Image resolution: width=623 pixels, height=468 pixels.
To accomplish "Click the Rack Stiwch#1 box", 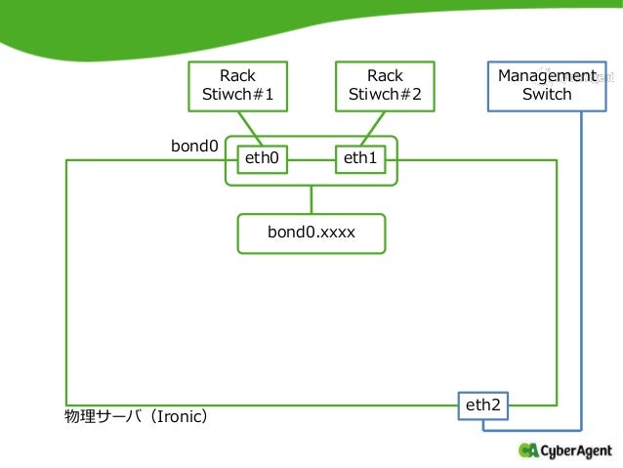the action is click(x=237, y=86).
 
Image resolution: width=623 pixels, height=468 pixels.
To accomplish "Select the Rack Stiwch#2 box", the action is click(x=385, y=86).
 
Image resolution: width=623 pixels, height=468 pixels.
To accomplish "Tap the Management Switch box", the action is click(x=547, y=86).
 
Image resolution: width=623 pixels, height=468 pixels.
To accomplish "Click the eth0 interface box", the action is click(x=263, y=159).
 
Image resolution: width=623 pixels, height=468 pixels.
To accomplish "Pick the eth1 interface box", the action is click(x=360, y=159).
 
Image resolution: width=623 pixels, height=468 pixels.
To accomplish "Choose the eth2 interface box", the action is click(x=483, y=406).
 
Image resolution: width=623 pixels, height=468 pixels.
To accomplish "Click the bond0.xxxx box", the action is click(x=311, y=234).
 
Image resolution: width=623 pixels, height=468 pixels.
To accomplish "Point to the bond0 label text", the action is click(x=194, y=146).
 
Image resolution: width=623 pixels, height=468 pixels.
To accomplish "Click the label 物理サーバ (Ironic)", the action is click(x=136, y=417).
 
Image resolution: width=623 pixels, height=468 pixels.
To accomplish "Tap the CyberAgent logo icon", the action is click(x=528, y=450).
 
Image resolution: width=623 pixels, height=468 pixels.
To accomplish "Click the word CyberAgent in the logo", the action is click(x=576, y=451).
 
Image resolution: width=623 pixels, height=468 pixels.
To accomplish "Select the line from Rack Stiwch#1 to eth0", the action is click(x=250, y=129).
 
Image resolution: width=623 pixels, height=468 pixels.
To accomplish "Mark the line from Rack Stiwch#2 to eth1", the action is click(x=373, y=129).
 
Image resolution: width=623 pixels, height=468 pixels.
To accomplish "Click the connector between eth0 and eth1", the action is click(x=311, y=160).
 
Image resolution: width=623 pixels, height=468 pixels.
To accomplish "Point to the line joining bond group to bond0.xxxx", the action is click(x=311, y=199).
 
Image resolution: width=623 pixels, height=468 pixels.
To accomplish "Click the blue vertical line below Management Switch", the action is click(x=581, y=271).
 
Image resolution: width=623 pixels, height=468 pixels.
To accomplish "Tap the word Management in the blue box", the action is click(x=547, y=76).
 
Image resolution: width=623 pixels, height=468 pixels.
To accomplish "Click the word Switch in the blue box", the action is click(x=547, y=94).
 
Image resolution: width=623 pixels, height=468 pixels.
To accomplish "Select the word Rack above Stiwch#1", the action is click(x=237, y=75).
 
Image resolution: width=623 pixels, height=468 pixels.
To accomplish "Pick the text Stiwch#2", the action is click(x=385, y=94).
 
